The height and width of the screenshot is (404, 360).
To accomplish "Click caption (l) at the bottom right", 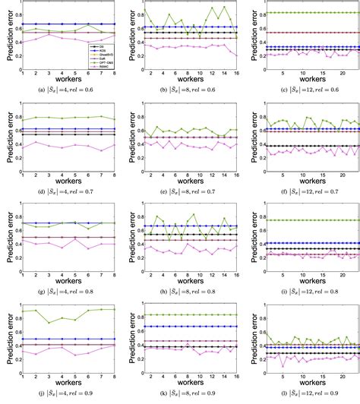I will [x=300, y=396].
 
